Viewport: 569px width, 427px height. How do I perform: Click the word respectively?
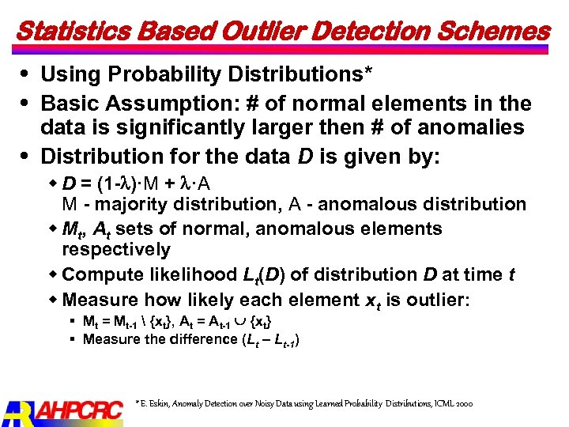(116, 250)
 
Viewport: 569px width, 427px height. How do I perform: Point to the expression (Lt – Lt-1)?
(269, 340)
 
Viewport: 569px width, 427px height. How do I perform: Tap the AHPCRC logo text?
(79, 410)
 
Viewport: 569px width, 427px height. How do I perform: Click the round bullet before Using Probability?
(28, 74)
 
